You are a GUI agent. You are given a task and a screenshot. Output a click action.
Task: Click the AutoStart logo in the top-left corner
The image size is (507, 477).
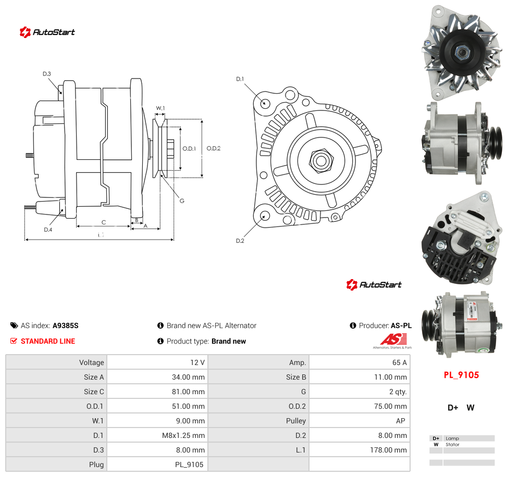(47, 32)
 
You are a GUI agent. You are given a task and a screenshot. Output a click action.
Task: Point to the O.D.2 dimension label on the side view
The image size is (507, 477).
(214, 148)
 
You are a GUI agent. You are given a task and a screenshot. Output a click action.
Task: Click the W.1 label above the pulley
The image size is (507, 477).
(160, 108)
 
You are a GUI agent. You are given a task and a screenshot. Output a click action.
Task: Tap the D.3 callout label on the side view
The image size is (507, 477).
(47, 73)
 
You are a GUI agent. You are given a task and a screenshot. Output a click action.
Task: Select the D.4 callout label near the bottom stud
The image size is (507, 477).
(48, 230)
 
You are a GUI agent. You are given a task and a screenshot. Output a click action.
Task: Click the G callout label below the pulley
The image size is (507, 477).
(182, 200)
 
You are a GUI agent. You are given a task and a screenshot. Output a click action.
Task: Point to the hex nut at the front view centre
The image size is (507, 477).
(321, 160)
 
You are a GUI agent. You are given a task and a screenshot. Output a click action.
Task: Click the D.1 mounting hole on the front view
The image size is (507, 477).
(265, 103)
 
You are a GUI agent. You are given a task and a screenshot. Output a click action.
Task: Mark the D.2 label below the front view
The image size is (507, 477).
(240, 241)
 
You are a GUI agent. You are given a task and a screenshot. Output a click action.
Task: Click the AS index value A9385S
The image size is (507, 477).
(66, 325)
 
